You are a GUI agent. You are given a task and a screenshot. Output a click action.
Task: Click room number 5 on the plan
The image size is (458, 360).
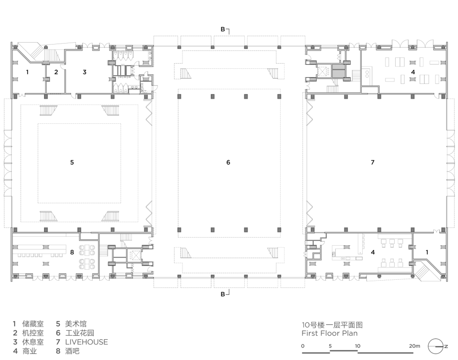[72, 162]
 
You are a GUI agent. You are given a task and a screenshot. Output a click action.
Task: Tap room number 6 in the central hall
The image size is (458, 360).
[228, 162]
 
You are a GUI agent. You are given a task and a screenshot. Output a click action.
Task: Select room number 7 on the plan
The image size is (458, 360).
[372, 162]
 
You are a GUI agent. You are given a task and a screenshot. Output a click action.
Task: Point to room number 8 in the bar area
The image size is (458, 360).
[72, 252]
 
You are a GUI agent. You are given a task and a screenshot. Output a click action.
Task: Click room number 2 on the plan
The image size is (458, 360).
[56, 72]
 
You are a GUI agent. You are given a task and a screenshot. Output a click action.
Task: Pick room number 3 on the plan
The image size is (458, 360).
[84, 72]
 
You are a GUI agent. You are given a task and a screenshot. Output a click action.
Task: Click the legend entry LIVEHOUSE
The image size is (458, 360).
[87, 342]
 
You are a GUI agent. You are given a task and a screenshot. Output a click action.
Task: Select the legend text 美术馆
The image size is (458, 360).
[76, 324]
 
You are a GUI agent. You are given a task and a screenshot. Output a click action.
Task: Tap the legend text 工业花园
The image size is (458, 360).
[79, 333]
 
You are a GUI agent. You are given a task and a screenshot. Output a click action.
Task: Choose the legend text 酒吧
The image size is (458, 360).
[72, 351]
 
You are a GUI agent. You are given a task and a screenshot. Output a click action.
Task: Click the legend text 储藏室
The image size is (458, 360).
[33, 324]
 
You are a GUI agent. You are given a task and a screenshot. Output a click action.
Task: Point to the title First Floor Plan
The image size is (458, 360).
[330, 333]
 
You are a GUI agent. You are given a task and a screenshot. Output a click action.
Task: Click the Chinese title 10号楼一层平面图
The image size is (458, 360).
[332, 325]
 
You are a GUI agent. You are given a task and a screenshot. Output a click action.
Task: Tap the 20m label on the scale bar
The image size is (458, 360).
[414, 346]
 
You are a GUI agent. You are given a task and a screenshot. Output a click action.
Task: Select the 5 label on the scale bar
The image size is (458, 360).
[330, 346]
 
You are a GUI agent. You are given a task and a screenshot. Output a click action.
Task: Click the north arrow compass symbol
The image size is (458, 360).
[436, 346]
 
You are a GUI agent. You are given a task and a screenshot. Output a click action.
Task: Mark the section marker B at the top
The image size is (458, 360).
[222, 29]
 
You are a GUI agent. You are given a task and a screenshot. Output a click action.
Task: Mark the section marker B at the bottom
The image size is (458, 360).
[222, 294]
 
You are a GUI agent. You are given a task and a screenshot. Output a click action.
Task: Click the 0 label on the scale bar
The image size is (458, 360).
[303, 346]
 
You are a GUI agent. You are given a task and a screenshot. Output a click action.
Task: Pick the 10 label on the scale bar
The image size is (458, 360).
[358, 346]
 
